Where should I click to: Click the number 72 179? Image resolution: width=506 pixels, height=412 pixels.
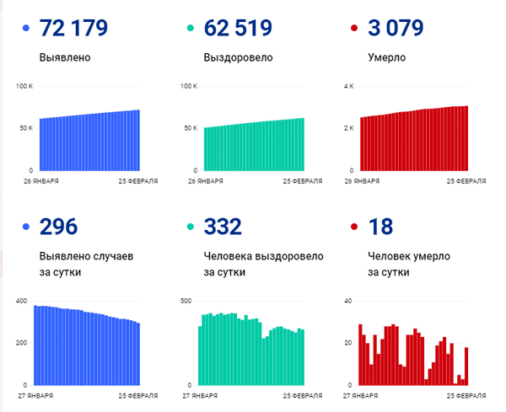[x=73, y=29]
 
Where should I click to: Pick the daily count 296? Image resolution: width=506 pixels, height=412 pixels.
[x=58, y=227]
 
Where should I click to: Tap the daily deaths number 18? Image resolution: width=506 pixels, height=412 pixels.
[x=380, y=227]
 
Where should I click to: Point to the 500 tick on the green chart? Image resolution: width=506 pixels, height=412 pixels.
[x=187, y=301]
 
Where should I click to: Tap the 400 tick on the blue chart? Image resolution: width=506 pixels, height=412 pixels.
[x=23, y=301]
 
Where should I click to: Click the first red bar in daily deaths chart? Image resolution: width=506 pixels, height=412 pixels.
[x=360, y=355]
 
